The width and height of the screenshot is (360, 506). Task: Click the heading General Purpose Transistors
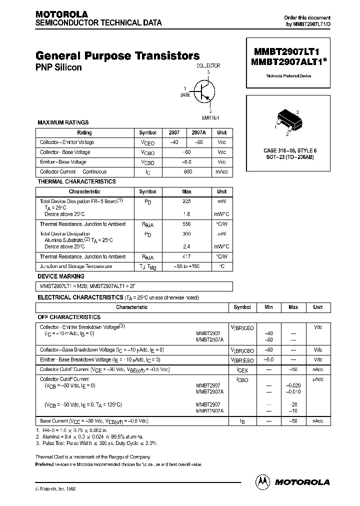118,56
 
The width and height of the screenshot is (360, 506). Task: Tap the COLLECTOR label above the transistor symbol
208,65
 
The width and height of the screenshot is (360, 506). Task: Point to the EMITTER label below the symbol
210,117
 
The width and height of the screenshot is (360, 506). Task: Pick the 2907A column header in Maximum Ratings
198,132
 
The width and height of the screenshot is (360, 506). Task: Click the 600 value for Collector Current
187,171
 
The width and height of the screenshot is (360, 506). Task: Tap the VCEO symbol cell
147,142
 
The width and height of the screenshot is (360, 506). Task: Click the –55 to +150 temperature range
186,266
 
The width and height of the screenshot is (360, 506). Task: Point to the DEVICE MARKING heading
61,276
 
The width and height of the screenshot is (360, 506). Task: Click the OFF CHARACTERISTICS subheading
69,317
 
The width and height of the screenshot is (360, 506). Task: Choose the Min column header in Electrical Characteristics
269,307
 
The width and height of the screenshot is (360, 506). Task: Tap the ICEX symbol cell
242,369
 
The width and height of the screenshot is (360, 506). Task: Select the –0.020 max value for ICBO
293,385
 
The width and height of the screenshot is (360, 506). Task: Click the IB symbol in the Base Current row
242,421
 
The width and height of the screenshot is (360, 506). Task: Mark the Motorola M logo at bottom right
262,481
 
